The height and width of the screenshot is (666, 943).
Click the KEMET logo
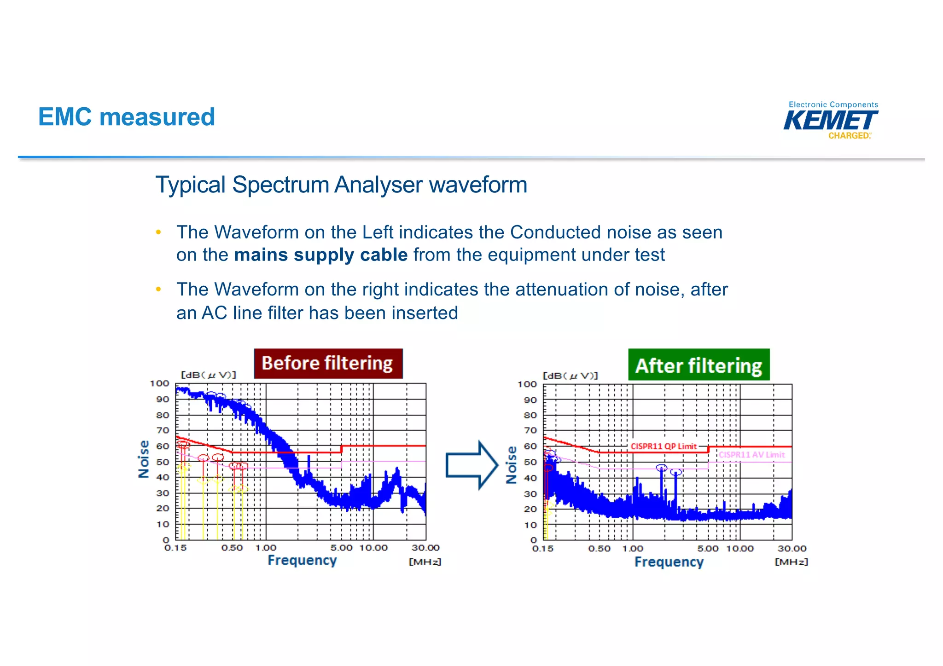(831, 121)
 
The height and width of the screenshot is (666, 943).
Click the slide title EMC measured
(127, 117)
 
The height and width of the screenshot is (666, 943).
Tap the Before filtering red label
(328, 364)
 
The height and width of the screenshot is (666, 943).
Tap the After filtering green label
(699, 365)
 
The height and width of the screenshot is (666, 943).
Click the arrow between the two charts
(471, 465)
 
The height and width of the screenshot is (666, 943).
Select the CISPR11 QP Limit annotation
(664, 446)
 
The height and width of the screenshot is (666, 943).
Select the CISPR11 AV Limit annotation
(751, 455)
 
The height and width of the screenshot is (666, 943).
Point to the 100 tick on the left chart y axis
(159, 383)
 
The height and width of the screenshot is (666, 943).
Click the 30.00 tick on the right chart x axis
(792, 549)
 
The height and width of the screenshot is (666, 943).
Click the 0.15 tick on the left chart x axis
(175, 548)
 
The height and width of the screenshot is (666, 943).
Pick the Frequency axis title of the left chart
(302, 560)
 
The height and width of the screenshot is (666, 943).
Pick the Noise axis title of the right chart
(511, 465)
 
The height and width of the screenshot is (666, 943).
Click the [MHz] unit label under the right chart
(791, 562)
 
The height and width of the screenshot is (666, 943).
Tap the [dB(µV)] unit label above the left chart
(208, 375)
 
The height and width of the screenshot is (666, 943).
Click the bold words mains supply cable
(320, 255)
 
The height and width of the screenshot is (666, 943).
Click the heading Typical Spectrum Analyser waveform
(341, 185)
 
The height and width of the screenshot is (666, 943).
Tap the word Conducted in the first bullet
(555, 232)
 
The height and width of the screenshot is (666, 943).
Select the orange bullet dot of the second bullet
(158, 290)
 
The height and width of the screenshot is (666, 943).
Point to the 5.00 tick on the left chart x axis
(341, 548)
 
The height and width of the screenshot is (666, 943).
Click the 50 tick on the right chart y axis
(530, 462)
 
